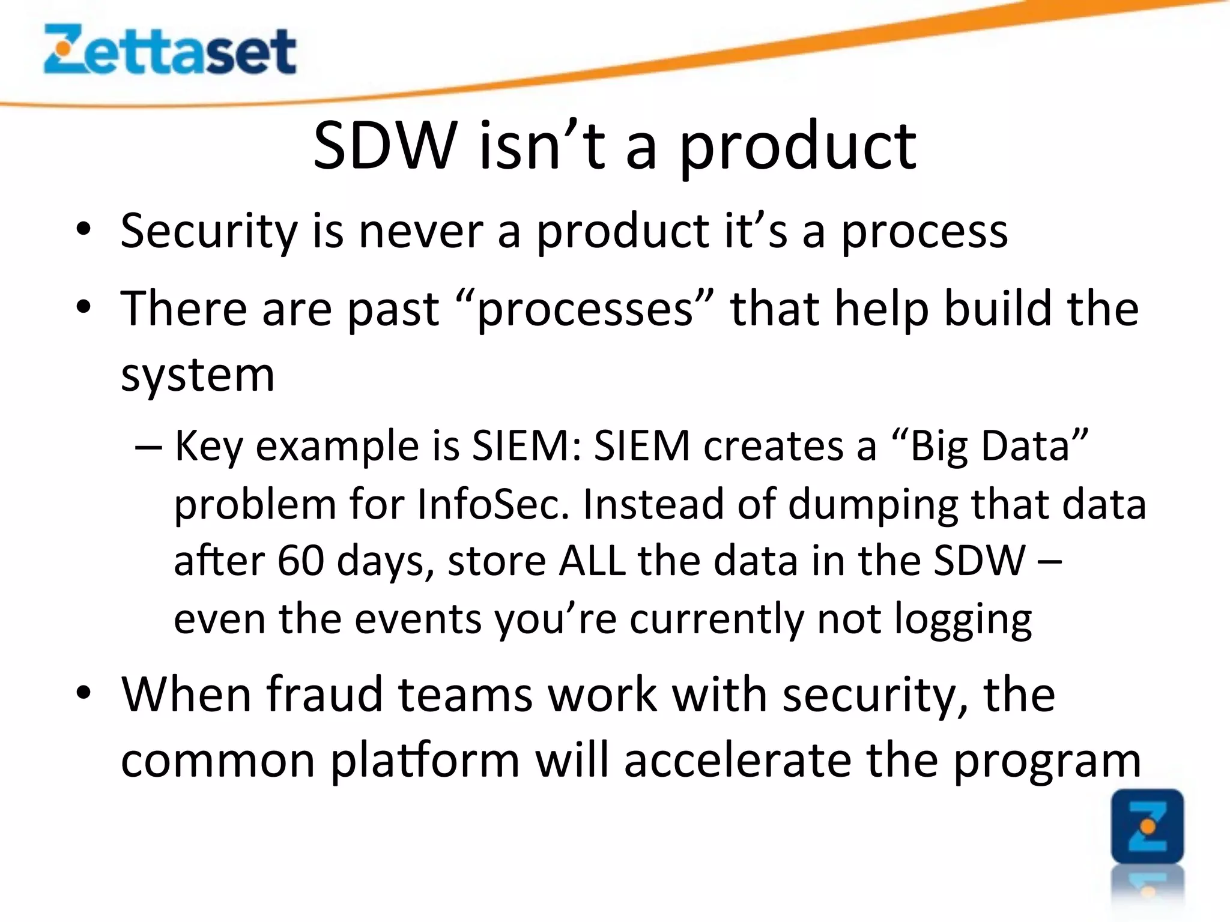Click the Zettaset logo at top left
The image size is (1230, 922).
pos(170,49)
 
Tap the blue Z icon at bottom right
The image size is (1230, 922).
pos(1147,827)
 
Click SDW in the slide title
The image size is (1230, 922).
pos(384,146)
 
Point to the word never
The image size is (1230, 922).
pos(420,231)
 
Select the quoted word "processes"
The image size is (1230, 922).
pos(586,309)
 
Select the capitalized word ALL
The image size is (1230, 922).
pos(592,561)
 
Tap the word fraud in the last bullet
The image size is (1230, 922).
pos(324,695)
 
